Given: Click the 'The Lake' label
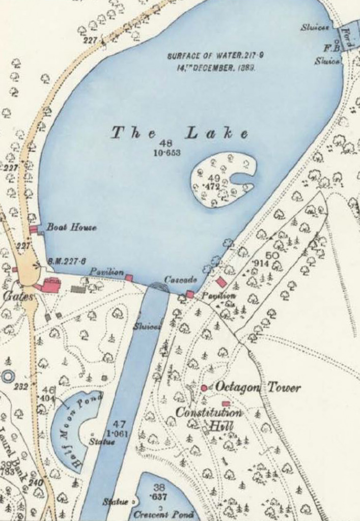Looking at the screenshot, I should click(180, 134).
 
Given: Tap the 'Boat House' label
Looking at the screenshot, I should click(71, 227).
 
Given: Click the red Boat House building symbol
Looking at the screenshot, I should click(34, 229).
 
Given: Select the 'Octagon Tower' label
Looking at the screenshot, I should click(258, 388).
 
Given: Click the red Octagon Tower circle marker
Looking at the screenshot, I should click(204, 388).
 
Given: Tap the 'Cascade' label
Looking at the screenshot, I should click(180, 280).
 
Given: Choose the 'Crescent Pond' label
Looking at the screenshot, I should click(163, 514).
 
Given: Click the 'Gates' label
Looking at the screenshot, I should click(18, 296).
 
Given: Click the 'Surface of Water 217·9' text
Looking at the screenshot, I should click(211, 56).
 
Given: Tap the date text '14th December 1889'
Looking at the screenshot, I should click(211, 67).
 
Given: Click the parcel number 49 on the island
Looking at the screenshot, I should click(214, 178).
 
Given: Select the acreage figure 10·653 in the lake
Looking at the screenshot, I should click(166, 153).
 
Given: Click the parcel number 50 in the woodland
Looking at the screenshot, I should click(272, 255).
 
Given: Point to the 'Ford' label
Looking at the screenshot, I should click(348, 37).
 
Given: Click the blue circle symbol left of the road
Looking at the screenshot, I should click(8, 377).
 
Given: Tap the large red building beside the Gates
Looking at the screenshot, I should click(50, 285).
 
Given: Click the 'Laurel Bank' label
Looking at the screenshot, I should click(12, 453).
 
